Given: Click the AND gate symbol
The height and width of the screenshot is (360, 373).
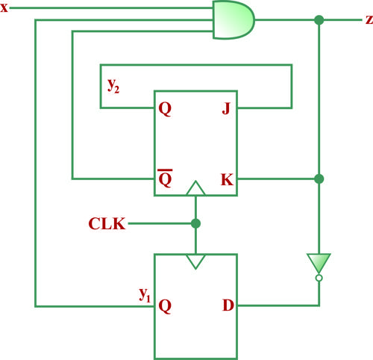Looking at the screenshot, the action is pyautogui.click(x=233, y=19).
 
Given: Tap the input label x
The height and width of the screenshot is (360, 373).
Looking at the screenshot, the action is pyautogui.click(x=4, y=7).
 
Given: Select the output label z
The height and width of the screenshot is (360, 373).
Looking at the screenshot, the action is pyautogui.click(x=369, y=19).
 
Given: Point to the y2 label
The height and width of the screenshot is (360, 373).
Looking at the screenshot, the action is pyautogui.click(x=113, y=86).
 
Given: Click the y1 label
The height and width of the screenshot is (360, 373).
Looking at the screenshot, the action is pyautogui.click(x=145, y=295).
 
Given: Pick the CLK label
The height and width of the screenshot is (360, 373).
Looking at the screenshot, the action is pyautogui.click(x=107, y=223).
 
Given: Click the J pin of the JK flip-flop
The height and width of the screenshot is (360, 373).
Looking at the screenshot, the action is pyautogui.click(x=226, y=108).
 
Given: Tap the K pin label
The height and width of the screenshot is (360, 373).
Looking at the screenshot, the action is pyautogui.click(x=227, y=179).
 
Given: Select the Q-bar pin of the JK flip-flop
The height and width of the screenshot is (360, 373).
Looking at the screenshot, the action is pyautogui.click(x=165, y=179).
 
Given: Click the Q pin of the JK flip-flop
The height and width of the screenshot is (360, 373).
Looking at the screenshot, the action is pyautogui.click(x=165, y=109).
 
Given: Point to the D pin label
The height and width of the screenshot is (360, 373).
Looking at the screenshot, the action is pyautogui.click(x=228, y=305).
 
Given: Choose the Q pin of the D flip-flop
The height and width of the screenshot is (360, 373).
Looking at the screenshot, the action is pyautogui.click(x=165, y=306).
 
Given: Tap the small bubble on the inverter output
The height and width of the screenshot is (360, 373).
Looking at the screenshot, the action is pyautogui.click(x=319, y=278).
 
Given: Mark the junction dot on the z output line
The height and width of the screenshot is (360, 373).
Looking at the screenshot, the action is pyautogui.click(x=319, y=20).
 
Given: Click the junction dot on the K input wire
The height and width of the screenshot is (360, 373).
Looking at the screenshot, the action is pyautogui.click(x=319, y=179).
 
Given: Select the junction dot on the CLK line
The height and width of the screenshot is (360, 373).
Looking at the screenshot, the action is pyautogui.click(x=195, y=223).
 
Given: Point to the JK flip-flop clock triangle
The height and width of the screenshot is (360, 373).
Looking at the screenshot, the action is pyautogui.click(x=195, y=188).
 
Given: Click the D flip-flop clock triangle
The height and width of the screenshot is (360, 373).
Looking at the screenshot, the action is pyautogui.click(x=195, y=261).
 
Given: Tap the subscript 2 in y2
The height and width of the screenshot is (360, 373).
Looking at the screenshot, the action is pyautogui.click(x=117, y=90).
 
